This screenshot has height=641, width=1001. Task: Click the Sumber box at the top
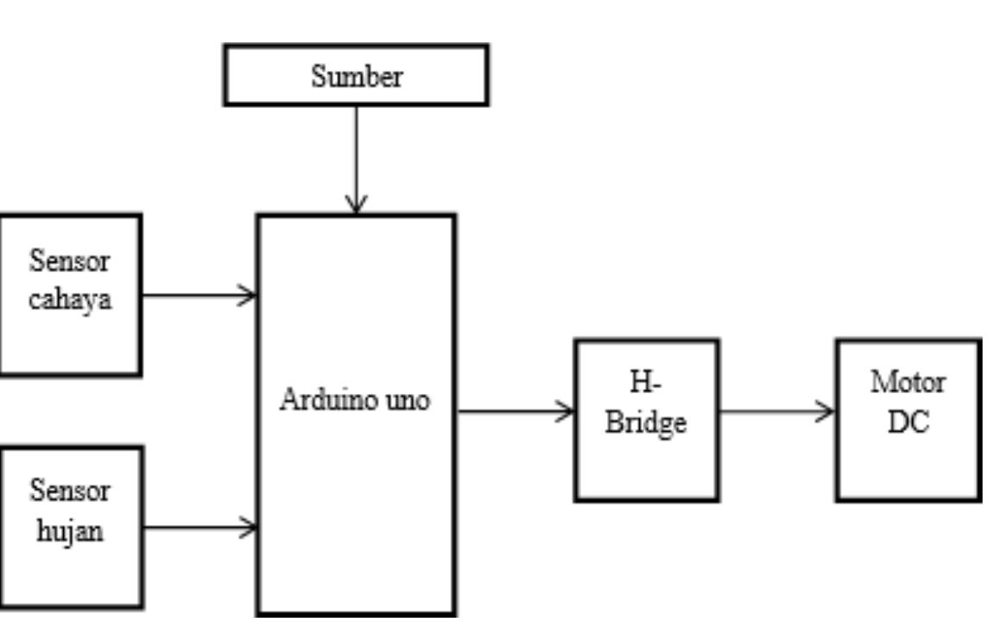356,76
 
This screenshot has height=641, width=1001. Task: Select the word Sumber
356,77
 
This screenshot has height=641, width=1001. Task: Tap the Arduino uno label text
355,402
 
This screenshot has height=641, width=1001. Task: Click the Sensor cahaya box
69,295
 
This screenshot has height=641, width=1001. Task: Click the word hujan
71,530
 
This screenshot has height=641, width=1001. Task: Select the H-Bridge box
646,420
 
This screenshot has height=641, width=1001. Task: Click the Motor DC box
908,420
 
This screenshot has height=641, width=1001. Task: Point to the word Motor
908,383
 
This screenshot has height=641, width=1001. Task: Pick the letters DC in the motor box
908,423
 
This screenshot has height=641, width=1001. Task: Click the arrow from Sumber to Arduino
356,155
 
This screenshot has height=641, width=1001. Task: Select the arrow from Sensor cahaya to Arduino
199,295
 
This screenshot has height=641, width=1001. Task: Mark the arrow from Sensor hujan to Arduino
199,526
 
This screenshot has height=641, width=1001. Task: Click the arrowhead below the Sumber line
356,205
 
